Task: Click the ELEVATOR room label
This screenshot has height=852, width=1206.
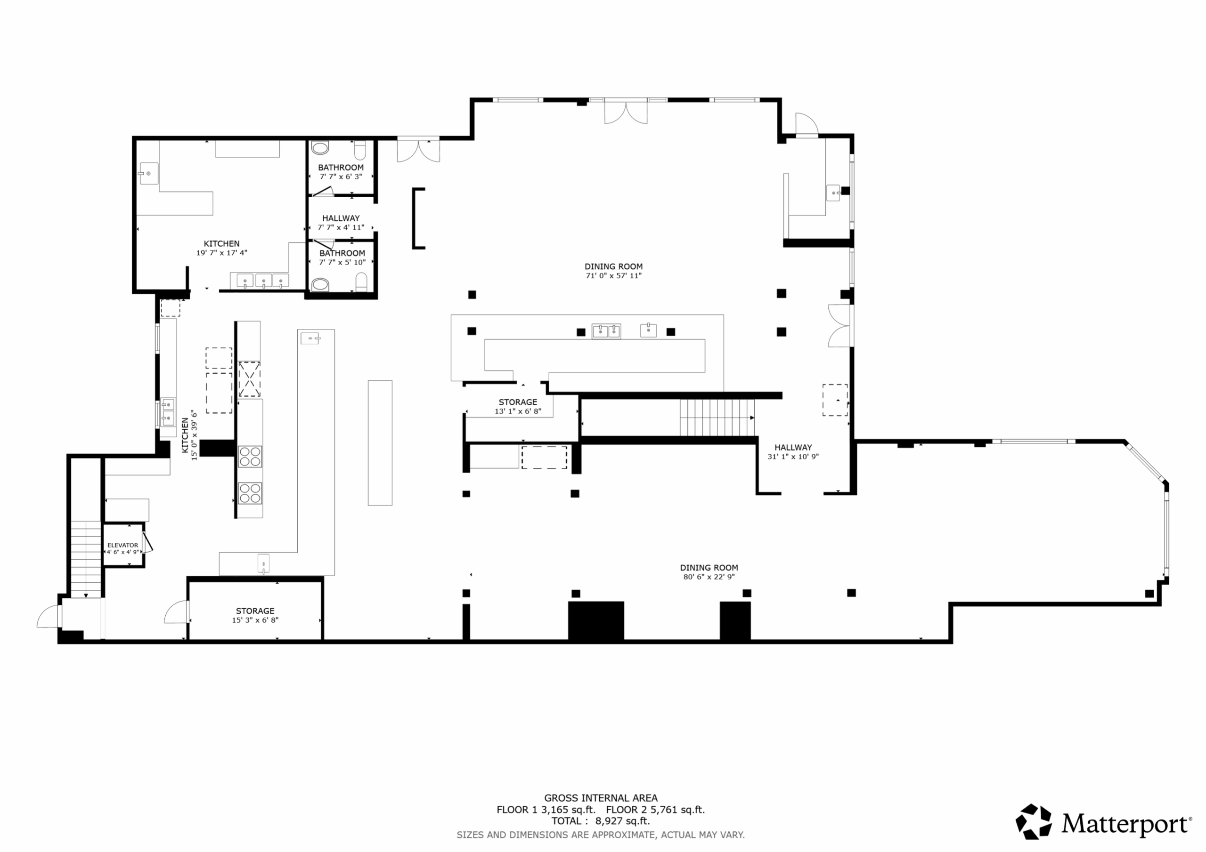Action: click(x=122, y=545)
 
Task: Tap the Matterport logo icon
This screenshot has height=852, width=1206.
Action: click(x=1034, y=821)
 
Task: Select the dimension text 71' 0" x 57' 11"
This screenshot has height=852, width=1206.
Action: click(x=613, y=275)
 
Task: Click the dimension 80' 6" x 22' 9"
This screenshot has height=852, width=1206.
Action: click(x=709, y=577)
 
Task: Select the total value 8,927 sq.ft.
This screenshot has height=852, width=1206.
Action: click(x=622, y=821)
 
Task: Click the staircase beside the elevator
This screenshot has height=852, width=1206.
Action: click(x=86, y=559)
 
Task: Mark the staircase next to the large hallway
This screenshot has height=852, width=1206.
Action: click(x=717, y=418)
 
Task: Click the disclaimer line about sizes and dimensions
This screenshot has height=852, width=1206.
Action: click(x=600, y=835)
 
